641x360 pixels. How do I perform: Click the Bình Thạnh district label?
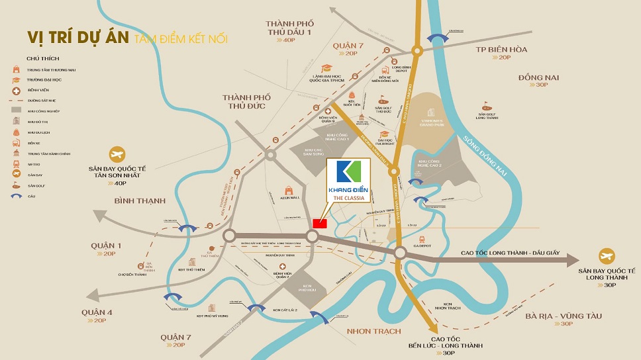click(x=139, y=200)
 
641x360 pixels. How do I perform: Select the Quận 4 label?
click(x=97, y=312)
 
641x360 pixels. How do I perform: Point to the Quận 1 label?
click(x=105, y=246)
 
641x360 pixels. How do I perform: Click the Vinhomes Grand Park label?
click(x=436, y=123)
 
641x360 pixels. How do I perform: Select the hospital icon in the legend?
click(x=15, y=89)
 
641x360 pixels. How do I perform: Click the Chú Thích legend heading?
click(x=38, y=58)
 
